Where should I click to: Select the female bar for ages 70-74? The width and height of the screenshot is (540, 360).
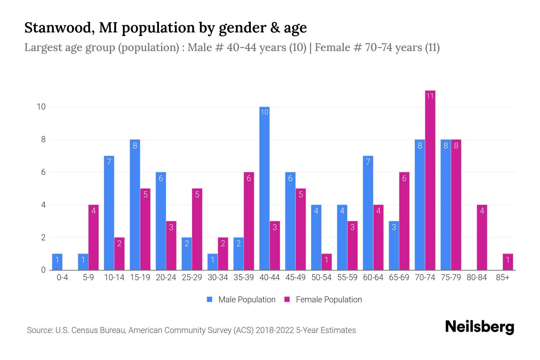click(430, 180)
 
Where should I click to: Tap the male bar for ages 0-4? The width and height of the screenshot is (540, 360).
click(57, 262)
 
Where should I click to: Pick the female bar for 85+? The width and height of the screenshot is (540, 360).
click(508, 262)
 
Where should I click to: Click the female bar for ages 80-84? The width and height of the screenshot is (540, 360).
click(482, 237)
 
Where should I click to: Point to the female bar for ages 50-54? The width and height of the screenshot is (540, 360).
click(326, 262)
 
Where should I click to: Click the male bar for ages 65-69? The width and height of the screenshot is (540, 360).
click(394, 245)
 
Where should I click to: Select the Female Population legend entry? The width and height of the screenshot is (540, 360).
click(323, 300)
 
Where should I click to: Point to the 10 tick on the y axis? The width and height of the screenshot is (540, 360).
click(41, 107)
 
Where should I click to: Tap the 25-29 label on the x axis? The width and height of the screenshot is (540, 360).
click(192, 277)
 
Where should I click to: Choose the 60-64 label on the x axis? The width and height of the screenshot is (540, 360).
click(373, 277)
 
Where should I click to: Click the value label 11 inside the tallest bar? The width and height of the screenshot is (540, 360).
click(430, 96)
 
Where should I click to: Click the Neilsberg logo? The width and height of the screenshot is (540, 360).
click(479, 327)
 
